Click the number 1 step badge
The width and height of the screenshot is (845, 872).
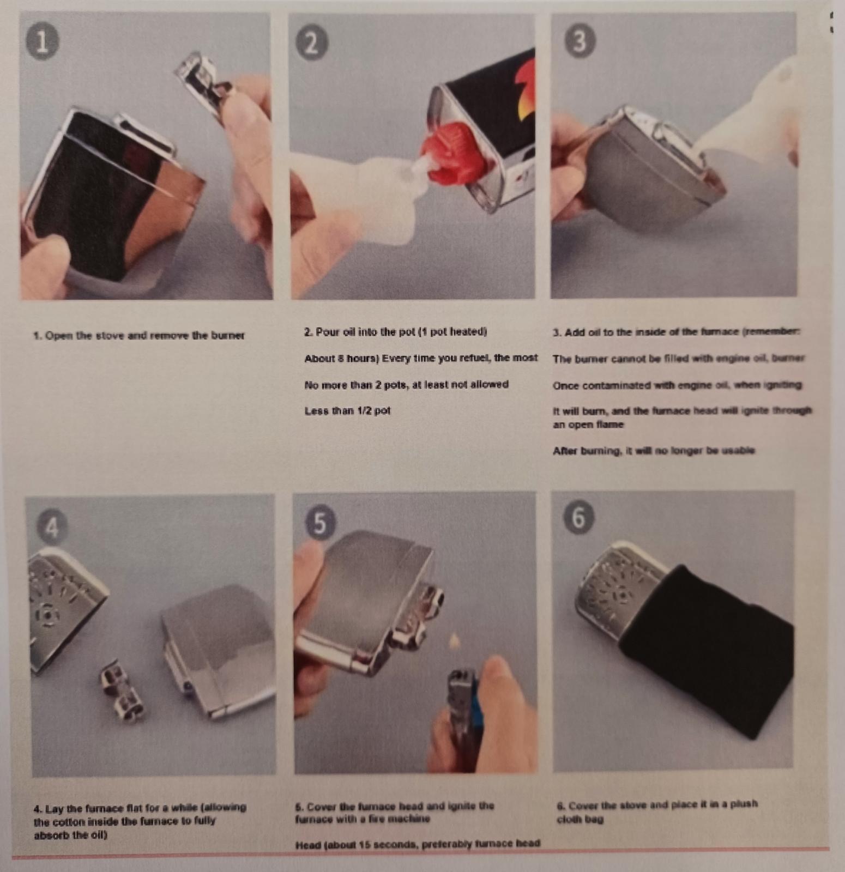[42, 42]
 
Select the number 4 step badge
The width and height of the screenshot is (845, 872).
[52, 526]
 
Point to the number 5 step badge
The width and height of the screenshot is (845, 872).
[320, 522]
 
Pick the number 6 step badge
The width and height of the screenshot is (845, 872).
[578, 517]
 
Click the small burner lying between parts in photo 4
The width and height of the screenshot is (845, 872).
[121, 689]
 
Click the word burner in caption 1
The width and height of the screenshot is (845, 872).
[227, 336]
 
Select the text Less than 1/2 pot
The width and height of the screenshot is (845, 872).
[347, 411]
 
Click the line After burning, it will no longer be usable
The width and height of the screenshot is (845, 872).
[653, 451]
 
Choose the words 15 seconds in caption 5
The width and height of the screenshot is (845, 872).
[370, 844]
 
